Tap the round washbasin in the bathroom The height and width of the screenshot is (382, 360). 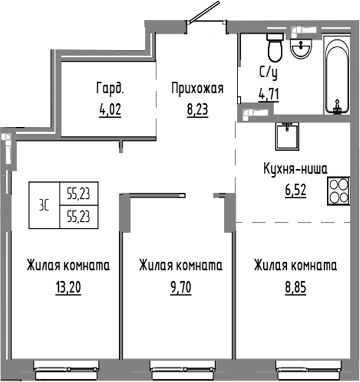click(300, 47)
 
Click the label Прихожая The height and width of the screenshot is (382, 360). click(196, 89)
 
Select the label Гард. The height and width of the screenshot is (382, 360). click(110, 89)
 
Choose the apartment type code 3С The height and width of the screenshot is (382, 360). click(44, 206)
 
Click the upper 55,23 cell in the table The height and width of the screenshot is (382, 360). click(78, 195)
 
